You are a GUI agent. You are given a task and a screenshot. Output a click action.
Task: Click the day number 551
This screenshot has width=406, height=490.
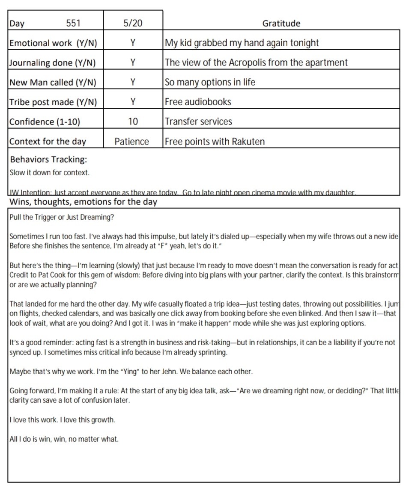click(73, 23)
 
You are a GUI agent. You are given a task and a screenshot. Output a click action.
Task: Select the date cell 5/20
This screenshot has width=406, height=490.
click(133, 23)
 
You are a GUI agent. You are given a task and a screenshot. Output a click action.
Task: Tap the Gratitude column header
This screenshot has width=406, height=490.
click(281, 24)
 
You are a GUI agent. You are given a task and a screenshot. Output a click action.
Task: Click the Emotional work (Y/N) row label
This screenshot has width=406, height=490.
click(53, 43)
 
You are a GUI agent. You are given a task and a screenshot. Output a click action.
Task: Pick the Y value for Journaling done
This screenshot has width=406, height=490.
click(133, 62)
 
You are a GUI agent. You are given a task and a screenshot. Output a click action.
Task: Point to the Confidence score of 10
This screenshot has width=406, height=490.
click(133, 121)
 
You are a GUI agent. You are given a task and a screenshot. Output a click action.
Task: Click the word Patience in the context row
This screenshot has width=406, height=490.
click(132, 142)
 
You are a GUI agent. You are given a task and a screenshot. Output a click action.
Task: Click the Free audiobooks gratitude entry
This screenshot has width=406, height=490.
click(198, 102)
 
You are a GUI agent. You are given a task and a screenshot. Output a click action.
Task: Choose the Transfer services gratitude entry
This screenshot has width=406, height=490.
click(198, 121)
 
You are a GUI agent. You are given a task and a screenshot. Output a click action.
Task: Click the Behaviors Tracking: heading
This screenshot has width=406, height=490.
click(48, 160)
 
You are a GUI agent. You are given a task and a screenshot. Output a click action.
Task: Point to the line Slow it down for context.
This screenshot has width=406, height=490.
click(49, 173)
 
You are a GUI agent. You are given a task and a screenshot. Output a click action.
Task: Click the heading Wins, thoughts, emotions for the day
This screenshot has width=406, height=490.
click(83, 202)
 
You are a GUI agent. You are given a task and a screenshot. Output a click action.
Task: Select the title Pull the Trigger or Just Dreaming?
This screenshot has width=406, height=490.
click(62, 217)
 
